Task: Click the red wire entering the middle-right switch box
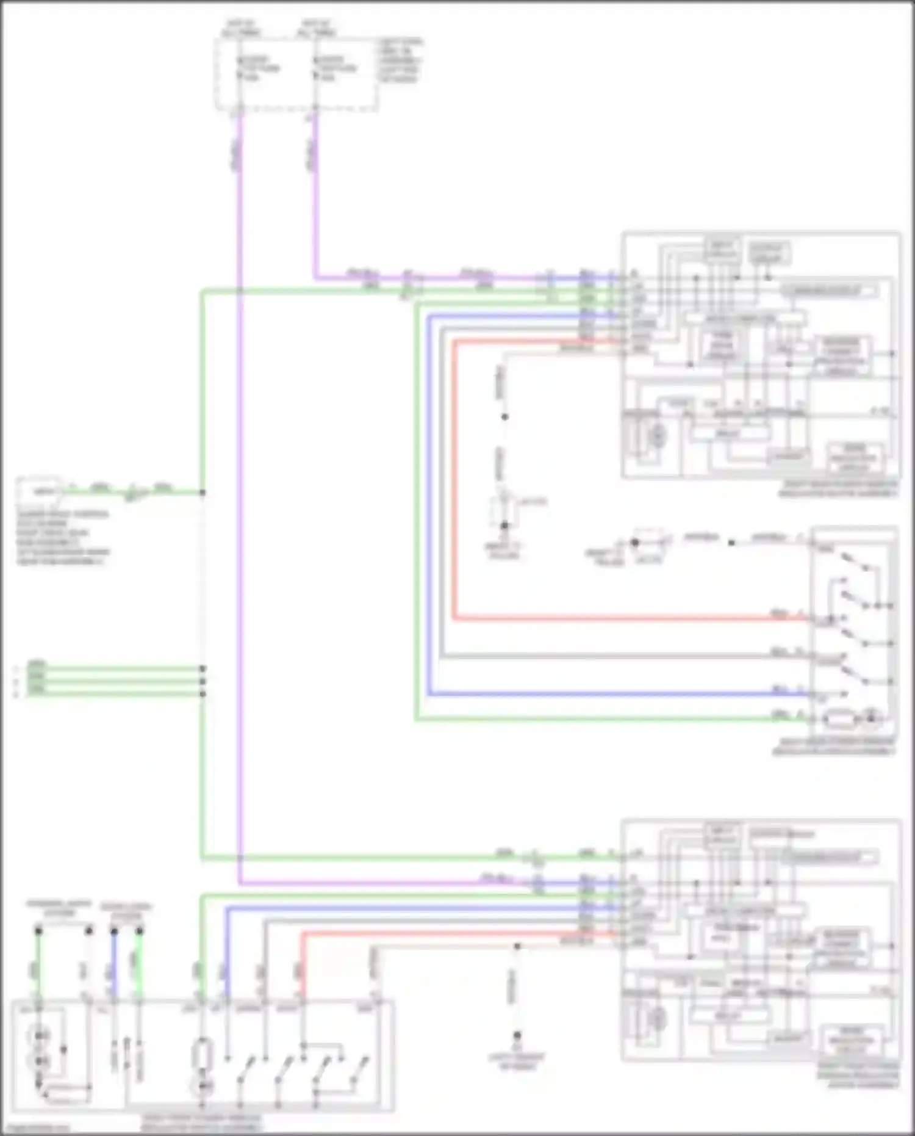[x=610, y=618]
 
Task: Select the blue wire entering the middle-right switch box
[x=610, y=694]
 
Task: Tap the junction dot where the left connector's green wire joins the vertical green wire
[x=203, y=492]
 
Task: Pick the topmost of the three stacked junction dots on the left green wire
[x=203, y=668]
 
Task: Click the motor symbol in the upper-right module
[x=656, y=435]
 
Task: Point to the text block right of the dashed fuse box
[x=400, y=60]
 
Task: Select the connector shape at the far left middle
[x=40, y=490]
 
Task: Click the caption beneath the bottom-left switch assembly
[x=201, y=1122]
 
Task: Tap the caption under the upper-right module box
[x=839, y=488]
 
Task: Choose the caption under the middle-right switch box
[x=834, y=747]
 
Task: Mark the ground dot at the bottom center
[x=517, y=1036]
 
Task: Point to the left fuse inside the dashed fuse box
[x=240, y=68]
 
